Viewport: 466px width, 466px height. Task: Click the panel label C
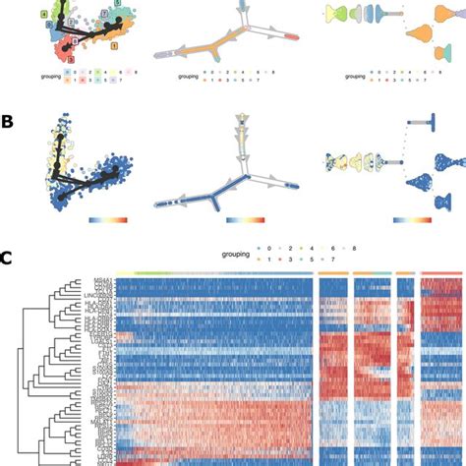click(x=7, y=259)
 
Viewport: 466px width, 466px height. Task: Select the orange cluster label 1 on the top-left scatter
click(x=115, y=46)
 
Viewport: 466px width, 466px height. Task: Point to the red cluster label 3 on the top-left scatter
click(x=70, y=60)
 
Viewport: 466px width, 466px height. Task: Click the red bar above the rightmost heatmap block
click(x=441, y=272)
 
